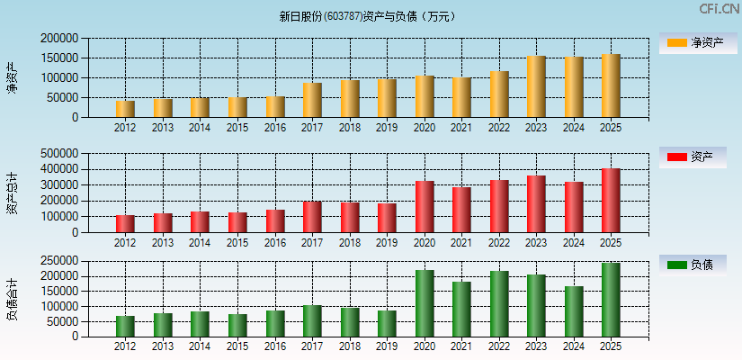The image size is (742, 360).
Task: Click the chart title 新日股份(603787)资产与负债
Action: [x=368, y=16]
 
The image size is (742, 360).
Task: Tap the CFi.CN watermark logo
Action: [x=719, y=9]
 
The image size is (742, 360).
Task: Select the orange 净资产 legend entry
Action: [x=693, y=42]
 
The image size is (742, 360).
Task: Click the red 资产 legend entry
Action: [x=693, y=157]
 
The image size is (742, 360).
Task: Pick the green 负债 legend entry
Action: [x=693, y=265]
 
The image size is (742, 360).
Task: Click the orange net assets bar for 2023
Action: [x=536, y=87]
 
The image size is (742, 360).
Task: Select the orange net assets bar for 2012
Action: [x=125, y=109]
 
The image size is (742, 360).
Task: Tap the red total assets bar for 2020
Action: [x=425, y=207]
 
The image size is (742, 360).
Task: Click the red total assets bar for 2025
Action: [x=611, y=201]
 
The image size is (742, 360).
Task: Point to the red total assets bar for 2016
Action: [x=275, y=221]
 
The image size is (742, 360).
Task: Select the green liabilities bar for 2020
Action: [x=425, y=303]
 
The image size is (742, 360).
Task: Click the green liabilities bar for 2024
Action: [x=573, y=311]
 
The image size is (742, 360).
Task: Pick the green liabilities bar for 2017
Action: [x=312, y=321]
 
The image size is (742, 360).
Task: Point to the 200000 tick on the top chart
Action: [x=59, y=39]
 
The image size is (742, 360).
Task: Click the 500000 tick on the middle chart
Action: [x=59, y=154]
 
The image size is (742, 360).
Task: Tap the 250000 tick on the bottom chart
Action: [x=59, y=261]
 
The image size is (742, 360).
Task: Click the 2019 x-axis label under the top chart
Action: [x=387, y=128]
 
